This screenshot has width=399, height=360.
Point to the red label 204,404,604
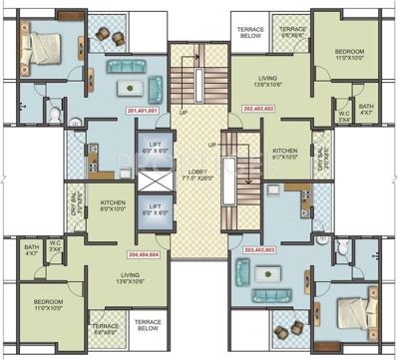coord(143,255)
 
